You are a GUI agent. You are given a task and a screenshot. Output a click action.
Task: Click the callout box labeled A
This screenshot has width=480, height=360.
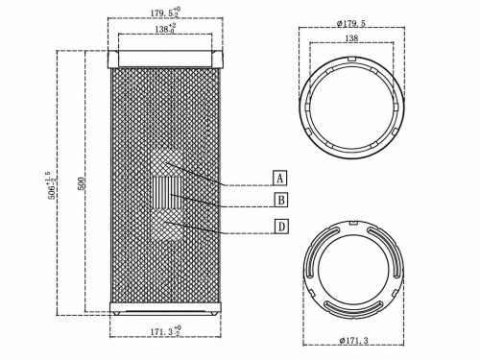click(x=280, y=179)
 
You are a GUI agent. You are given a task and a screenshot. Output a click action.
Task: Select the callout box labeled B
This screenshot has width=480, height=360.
click(x=281, y=201)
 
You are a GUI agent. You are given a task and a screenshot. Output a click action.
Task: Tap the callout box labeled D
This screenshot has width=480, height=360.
click(x=281, y=227)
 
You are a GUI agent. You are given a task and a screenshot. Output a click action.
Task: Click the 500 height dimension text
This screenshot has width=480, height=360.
click(x=82, y=183)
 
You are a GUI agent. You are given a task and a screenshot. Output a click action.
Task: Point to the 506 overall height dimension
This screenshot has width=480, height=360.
click(x=52, y=185)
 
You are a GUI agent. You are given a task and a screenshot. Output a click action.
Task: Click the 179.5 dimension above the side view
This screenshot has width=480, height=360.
click(x=165, y=13)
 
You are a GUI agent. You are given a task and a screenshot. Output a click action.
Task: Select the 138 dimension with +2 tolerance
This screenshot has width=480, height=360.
click(x=165, y=29)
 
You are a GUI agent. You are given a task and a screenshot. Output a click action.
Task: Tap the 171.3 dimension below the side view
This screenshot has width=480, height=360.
click(x=165, y=331)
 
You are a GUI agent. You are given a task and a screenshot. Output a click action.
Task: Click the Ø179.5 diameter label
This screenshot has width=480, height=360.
click(x=351, y=24)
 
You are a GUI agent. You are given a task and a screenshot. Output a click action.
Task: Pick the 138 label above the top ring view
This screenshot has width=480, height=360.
click(x=351, y=38)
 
